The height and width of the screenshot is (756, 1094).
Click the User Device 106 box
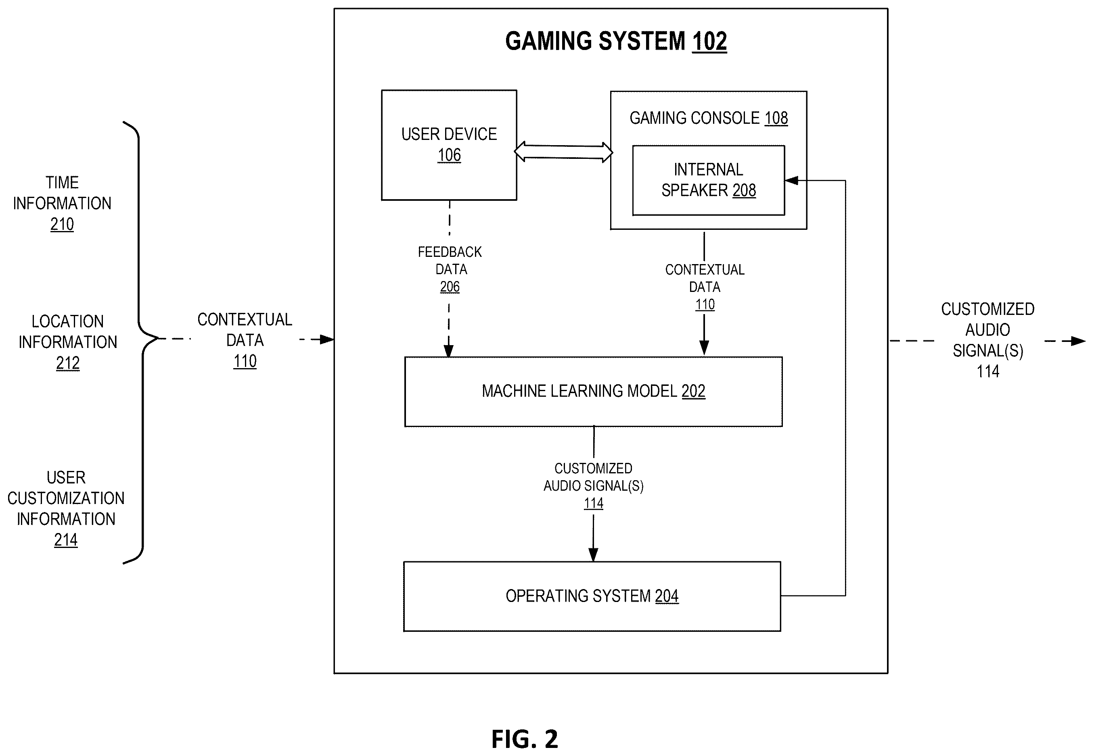pyautogui.click(x=449, y=145)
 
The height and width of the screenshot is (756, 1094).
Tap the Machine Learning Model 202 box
pyautogui.click(x=593, y=392)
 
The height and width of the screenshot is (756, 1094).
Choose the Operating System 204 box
pyautogui.click(x=592, y=596)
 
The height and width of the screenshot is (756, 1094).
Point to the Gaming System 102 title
pyautogui.click(x=616, y=41)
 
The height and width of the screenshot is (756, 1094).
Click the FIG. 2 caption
pyautogui.click(x=524, y=739)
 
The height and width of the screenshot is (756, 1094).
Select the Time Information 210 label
pyautogui.click(x=62, y=203)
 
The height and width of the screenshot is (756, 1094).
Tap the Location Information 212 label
pyautogui.click(x=68, y=342)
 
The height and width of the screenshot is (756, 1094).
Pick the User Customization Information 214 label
pyautogui.click(x=66, y=508)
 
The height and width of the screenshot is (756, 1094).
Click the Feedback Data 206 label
pyautogui.click(x=450, y=269)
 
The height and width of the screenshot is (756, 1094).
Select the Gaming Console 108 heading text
pyautogui.click(x=709, y=118)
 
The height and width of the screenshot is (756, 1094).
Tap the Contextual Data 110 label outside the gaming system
pyautogui.click(x=245, y=340)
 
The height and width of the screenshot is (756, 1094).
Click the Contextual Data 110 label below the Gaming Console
pyautogui.click(x=705, y=287)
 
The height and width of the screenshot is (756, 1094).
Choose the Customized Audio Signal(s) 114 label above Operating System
pyautogui.click(x=594, y=485)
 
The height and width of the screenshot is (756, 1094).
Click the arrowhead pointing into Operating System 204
pyautogui.click(x=594, y=555)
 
